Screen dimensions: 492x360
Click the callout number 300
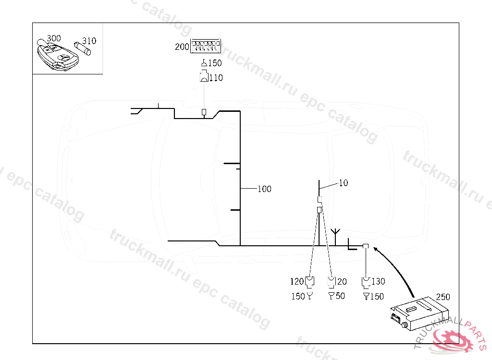click(54, 38)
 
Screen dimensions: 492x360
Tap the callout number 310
click(89, 41)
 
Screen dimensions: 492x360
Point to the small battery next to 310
click(83, 48)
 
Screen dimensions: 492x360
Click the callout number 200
click(182, 47)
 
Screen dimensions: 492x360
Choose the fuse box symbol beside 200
click(206, 46)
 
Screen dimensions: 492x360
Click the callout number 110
click(216, 78)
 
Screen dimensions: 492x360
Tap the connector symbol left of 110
click(204, 76)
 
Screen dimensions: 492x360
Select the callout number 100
click(264, 189)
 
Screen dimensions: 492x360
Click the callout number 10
click(343, 183)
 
